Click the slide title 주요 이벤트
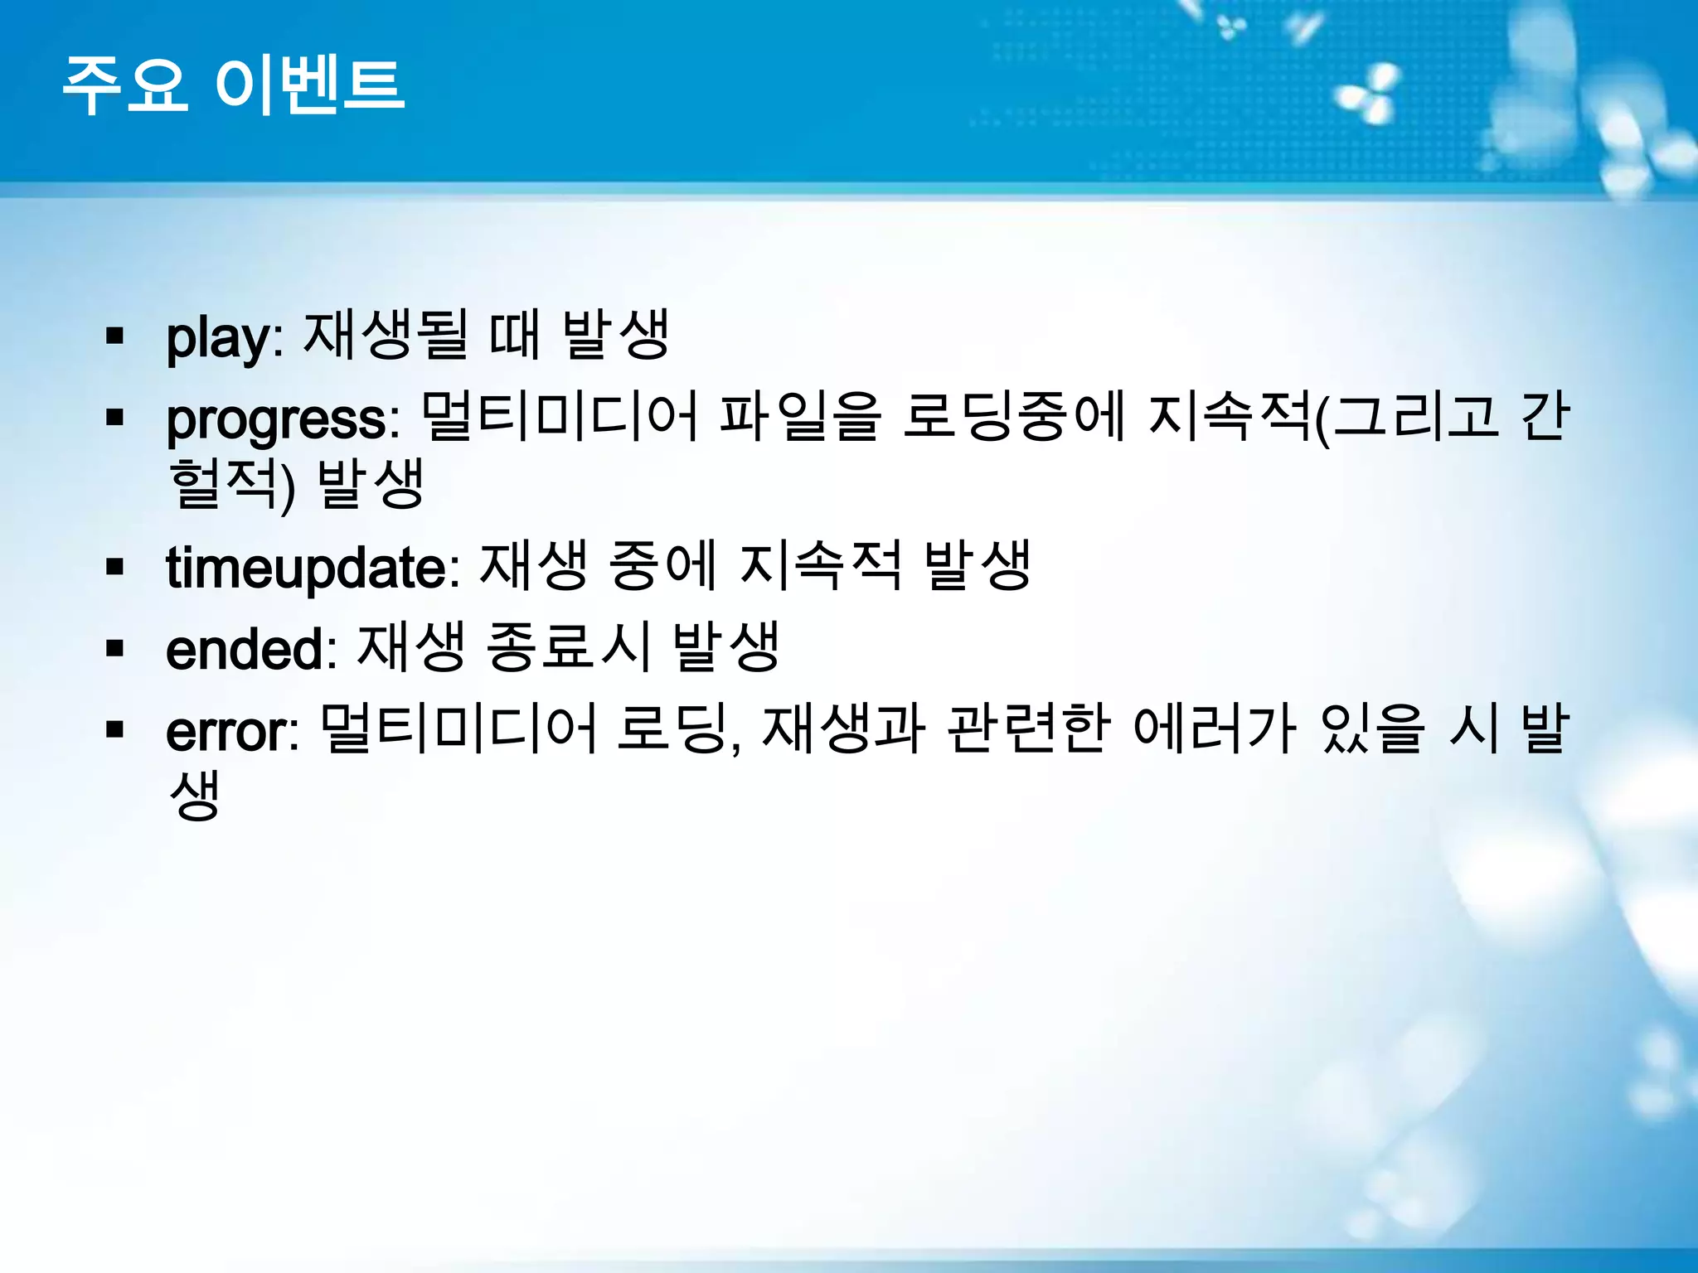point(234,85)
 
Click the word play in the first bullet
point(217,337)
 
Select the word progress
point(276,420)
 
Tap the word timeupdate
point(305,569)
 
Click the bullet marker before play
point(114,336)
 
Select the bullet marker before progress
point(114,419)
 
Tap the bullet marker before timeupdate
point(114,568)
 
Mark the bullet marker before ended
point(114,649)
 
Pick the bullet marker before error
point(114,731)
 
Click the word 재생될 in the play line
point(386,335)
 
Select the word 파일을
point(799,416)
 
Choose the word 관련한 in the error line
point(1027,729)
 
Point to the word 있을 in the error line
point(1372,729)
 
